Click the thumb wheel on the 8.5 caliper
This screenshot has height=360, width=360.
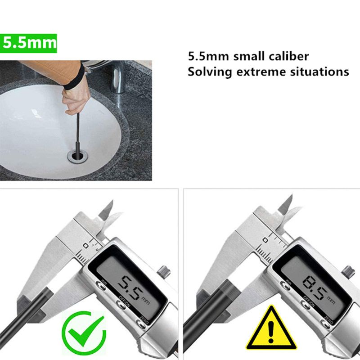pyautogui.click(x=347, y=272)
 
